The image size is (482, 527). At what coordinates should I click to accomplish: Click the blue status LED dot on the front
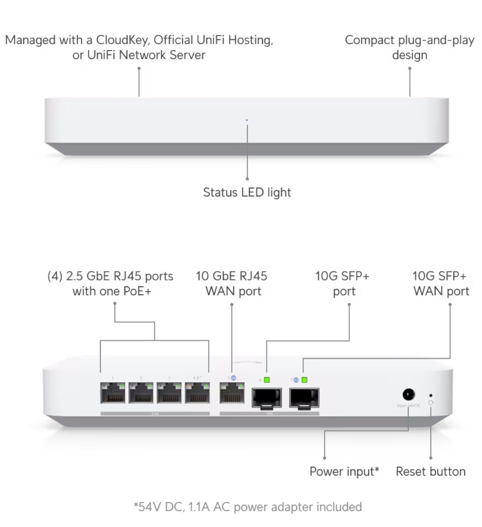(x=247, y=120)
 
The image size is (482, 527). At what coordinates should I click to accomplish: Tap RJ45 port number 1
(x=112, y=393)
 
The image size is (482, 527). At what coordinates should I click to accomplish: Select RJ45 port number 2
(x=141, y=393)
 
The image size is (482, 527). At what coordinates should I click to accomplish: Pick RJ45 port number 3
(x=169, y=393)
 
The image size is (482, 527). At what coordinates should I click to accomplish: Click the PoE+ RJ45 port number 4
(x=197, y=393)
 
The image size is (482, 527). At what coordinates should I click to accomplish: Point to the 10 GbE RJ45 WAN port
(x=232, y=393)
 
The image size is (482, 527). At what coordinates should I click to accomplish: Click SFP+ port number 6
(x=267, y=397)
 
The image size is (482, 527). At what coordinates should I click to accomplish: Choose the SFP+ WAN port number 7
(x=304, y=397)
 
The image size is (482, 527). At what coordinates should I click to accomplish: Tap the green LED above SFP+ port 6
(x=267, y=380)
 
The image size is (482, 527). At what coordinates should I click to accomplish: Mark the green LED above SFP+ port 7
(x=304, y=380)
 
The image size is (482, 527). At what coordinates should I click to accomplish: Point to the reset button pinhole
(x=430, y=396)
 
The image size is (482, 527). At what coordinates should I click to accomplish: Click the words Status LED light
(x=247, y=192)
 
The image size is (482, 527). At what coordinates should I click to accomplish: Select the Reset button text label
(x=431, y=472)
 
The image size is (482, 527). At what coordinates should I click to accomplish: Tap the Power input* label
(x=344, y=472)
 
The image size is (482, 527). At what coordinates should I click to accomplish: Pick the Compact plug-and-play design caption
(x=409, y=47)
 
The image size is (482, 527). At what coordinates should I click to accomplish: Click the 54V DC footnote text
(x=248, y=507)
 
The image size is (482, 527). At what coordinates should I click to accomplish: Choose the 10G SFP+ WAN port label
(x=441, y=284)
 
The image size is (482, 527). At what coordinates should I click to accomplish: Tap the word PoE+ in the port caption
(x=137, y=291)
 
